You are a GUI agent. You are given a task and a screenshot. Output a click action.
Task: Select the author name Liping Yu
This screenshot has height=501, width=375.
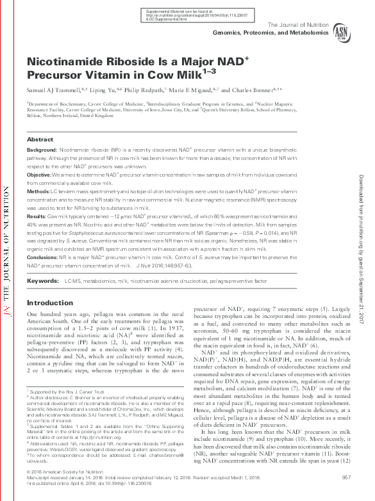click(82, 89)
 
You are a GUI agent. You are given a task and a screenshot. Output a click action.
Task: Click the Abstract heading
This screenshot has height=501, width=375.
click(40, 139)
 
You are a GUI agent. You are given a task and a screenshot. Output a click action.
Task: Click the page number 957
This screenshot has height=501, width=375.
click(346, 477)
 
